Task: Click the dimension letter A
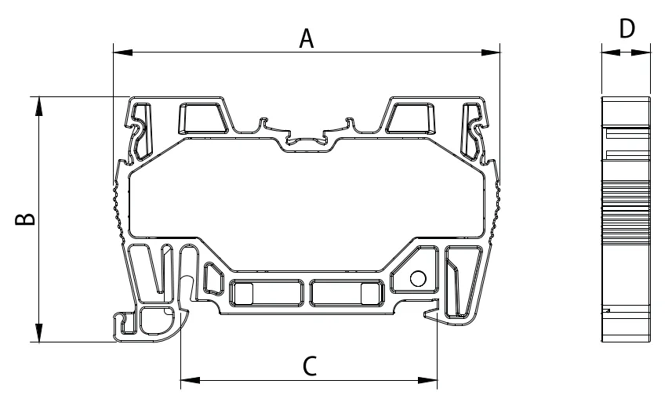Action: (307, 38)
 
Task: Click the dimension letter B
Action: (25, 219)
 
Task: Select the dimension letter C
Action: (310, 366)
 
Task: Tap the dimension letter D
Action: (627, 29)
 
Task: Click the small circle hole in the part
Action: (418, 278)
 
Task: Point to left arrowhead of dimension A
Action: (122, 53)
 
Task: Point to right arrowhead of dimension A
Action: (491, 53)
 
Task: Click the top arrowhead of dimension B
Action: (39, 107)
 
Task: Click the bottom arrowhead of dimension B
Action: (39, 332)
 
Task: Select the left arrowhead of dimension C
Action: (191, 380)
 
